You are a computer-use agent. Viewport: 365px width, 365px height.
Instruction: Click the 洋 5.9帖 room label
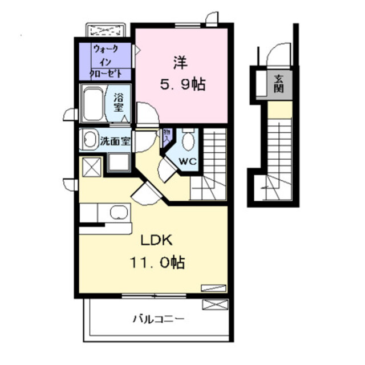(x=182, y=74)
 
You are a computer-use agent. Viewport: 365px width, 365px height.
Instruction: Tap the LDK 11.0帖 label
(x=157, y=252)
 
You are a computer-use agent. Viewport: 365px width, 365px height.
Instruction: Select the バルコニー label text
(x=159, y=319)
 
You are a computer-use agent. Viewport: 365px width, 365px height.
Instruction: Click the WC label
(x=188, y=161)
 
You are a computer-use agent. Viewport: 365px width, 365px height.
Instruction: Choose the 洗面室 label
(x=115, y=141)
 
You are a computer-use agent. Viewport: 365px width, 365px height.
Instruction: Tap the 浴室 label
(x=119, y=103)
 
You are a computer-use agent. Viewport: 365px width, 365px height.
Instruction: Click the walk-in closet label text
(x=106, y=62)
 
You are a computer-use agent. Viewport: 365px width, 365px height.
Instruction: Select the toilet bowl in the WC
(x=188, y=139)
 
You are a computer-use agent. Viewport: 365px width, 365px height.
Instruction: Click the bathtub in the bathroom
(x=93, y=104)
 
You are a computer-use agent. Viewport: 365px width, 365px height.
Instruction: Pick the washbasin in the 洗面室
(x=90, y=140)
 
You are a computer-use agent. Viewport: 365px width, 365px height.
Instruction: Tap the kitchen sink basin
(x=119, y=212)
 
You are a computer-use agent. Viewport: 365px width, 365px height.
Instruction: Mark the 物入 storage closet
(x=167, y=137)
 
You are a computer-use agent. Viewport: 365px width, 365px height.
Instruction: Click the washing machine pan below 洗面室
(x=119, y=162)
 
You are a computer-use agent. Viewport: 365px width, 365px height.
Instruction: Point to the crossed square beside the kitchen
(x=92, y=167)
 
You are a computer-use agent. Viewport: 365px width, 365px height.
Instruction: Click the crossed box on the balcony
(x=215, y=305)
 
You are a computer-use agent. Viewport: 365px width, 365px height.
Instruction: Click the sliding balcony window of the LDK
(x=154, y=296)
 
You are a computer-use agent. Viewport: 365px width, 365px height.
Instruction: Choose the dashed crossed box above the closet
(x=106, y=30)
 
